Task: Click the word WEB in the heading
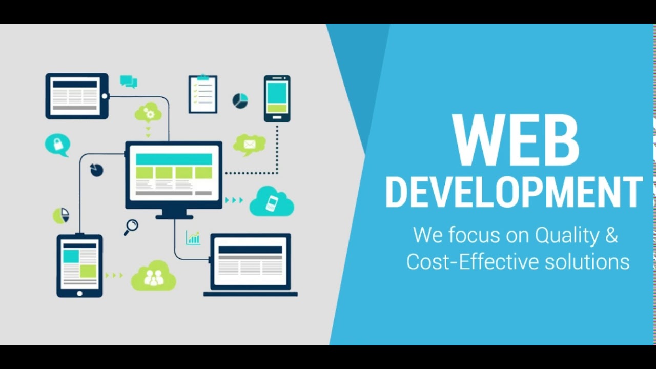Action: click(516, 140)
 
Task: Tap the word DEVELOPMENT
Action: click(514, 192)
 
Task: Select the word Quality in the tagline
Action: click(567, 235)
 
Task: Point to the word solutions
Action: click(587, 261)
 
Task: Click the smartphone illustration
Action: click(277, 98)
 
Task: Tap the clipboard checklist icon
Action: click(203, 94)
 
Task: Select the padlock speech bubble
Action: click(58, 145)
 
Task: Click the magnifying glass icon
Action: click(131, 227)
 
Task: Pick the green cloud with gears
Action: click(148, 112)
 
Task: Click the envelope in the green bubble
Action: click(250, 144)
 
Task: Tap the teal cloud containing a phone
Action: click(272, 202)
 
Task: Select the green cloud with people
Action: click(153, 276)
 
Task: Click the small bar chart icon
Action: click(193, 238)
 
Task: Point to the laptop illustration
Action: click(251, 265)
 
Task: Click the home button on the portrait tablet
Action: click(79, 293)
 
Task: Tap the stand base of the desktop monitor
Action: click(174, 217)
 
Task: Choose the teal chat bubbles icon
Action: click(129, 81)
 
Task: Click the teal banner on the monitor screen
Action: click(174, 159)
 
